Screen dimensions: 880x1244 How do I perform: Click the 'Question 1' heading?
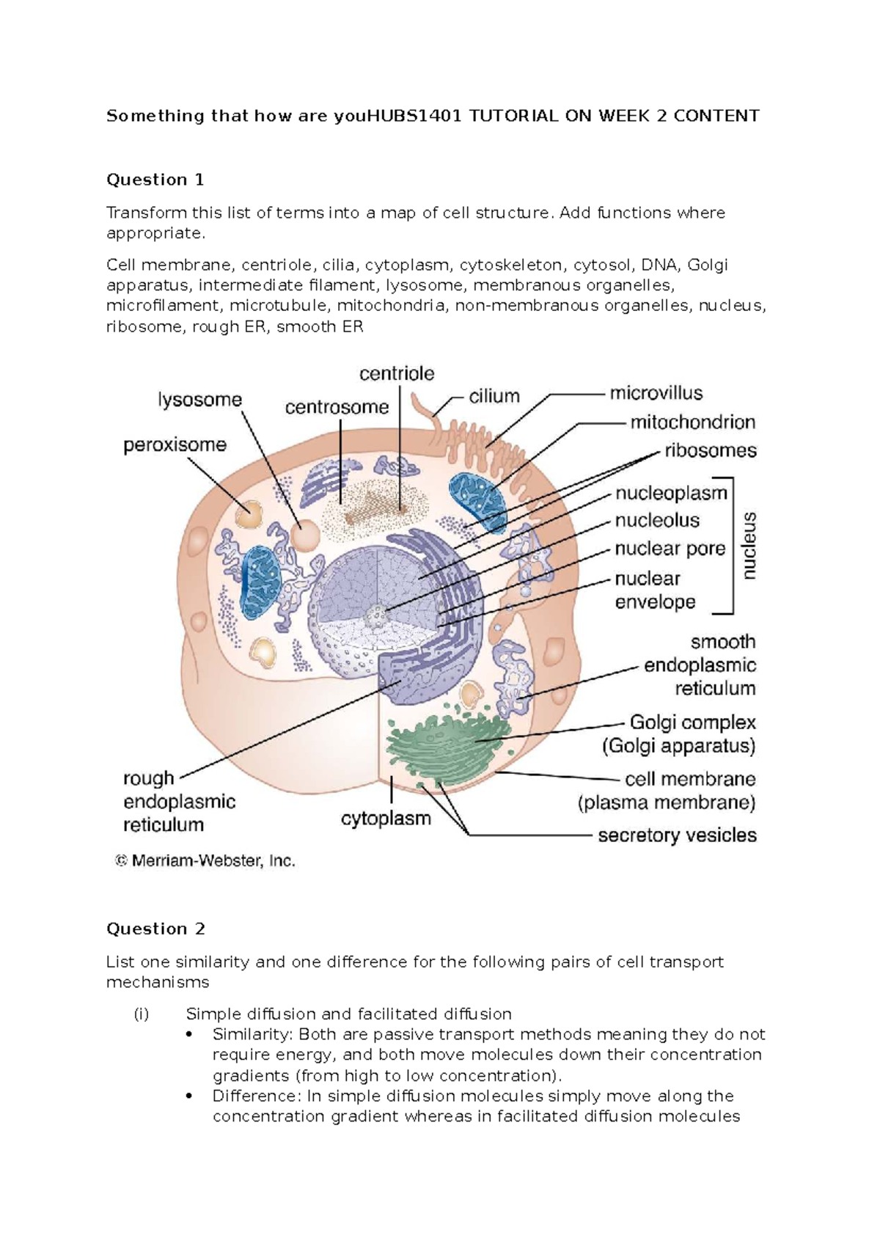pos(155,180)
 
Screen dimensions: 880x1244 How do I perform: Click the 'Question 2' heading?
pos(156,929)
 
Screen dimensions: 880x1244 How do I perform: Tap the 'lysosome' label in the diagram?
pos(200,400)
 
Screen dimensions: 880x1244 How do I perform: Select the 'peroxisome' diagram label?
pos(175,445)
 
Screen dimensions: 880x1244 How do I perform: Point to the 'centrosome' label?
pos(337,408)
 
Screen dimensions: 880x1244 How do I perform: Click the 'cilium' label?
pos(494,397)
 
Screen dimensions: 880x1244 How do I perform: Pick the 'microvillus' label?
pos(656,394)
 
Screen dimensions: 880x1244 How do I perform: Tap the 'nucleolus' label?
pos(657,520)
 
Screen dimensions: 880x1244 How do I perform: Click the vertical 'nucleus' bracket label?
pos(749,546)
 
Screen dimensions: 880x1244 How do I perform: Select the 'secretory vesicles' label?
pos(678,835)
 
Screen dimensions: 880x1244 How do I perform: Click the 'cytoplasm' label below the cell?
pos(386,819)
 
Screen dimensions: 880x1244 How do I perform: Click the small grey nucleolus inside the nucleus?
pos(376,615)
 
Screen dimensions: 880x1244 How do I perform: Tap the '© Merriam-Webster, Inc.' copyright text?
pos(205,861)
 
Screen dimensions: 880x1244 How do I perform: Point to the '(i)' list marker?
pos(141,1014)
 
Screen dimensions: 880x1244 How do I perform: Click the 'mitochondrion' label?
pos(693,422)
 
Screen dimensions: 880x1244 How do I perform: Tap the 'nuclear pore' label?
pos(670,549)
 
